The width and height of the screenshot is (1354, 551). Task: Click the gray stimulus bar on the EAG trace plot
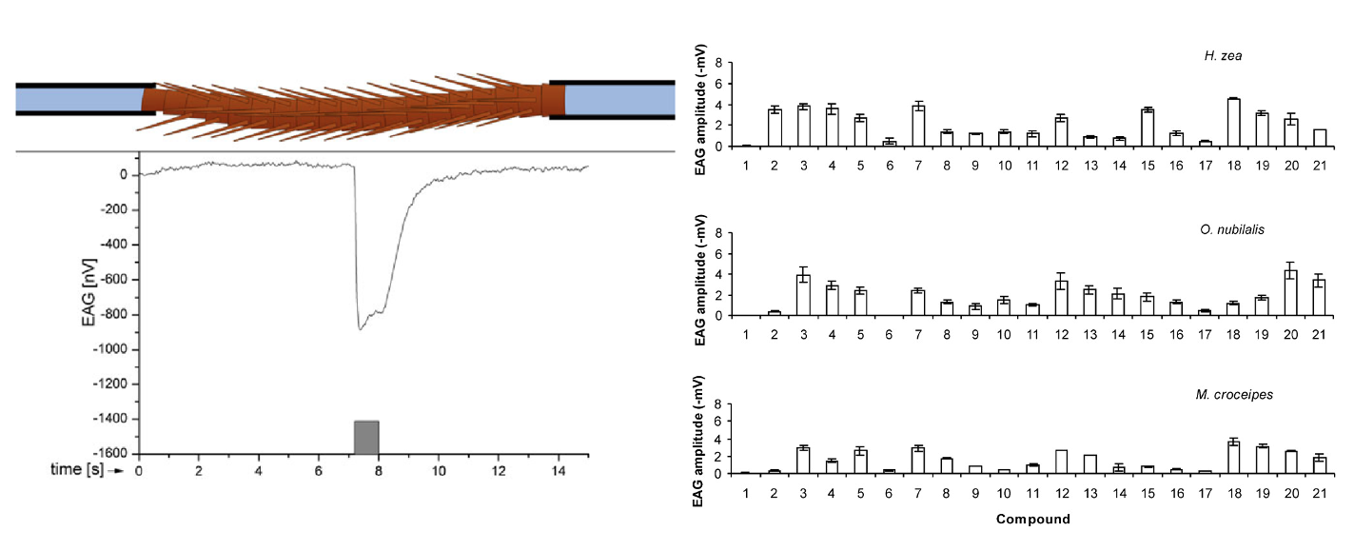pos(366,437)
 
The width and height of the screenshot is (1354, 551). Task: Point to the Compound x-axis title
pos(1032,520)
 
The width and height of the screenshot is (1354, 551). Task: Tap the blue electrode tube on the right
pos(618,99)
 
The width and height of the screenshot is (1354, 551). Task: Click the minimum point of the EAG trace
pos(361,329)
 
